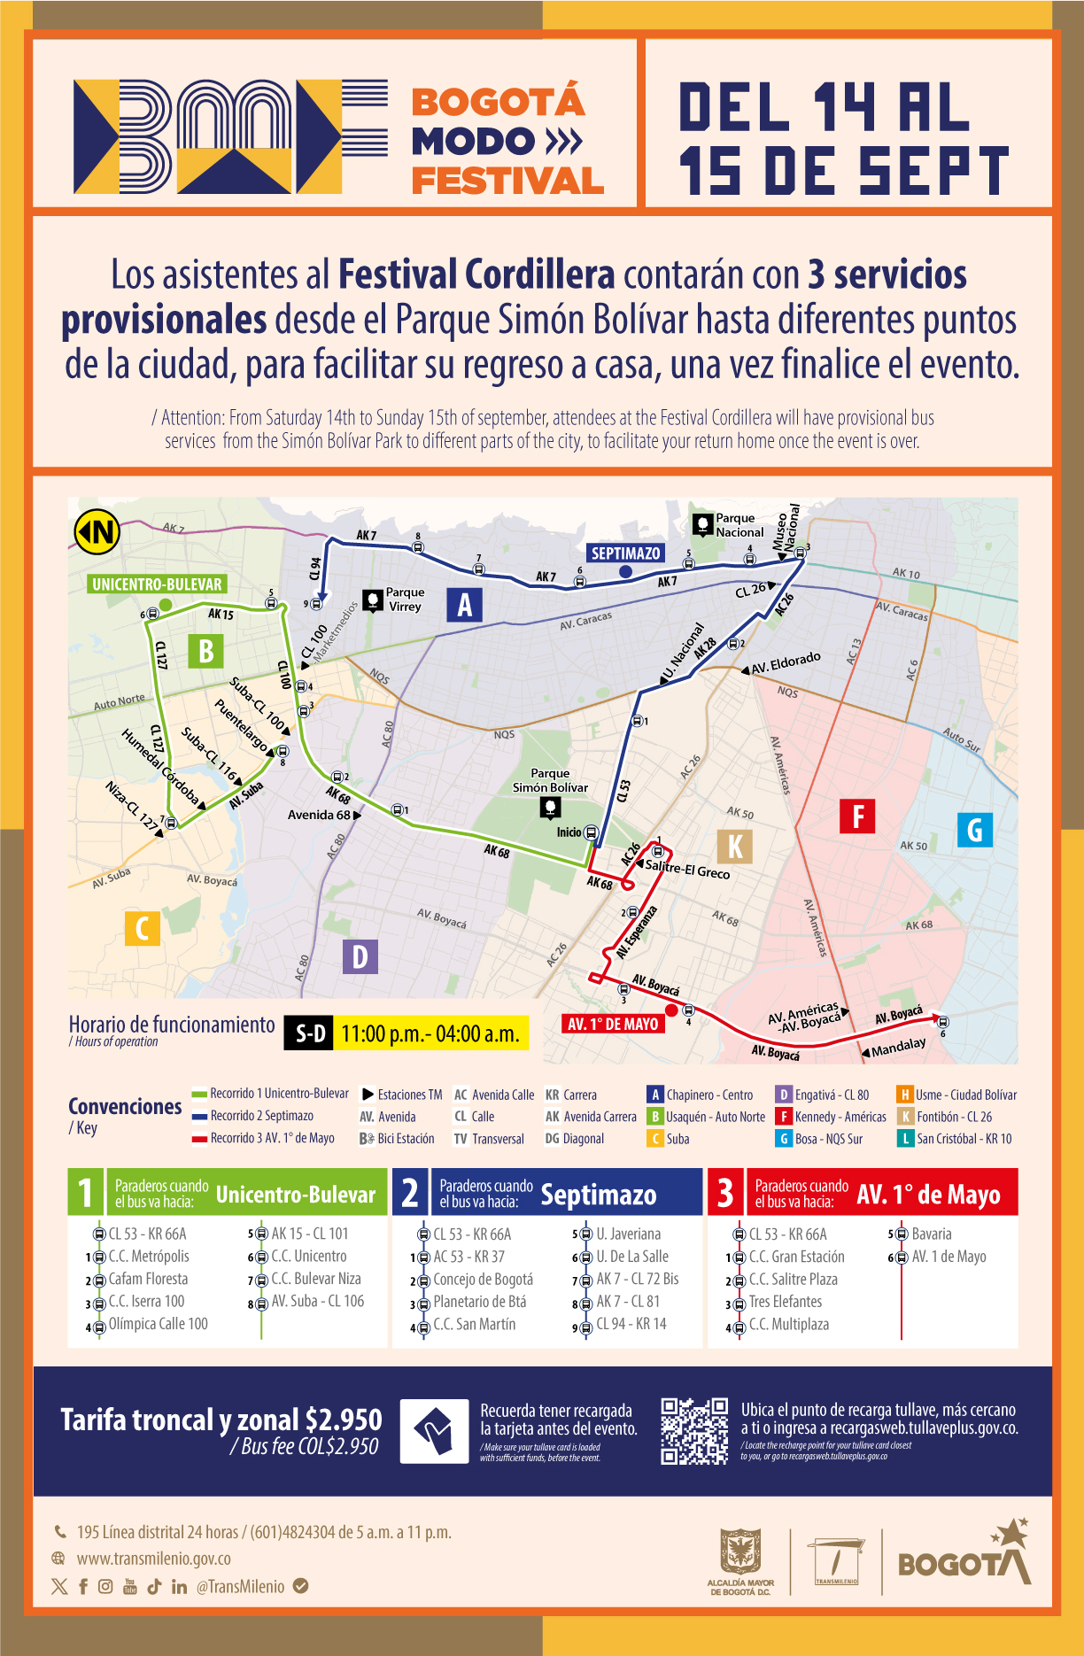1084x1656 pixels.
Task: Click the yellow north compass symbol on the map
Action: tap(97, 531)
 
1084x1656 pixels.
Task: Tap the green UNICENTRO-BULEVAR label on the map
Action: tap(157, 584)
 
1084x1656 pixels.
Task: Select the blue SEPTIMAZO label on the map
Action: tap(625, 553)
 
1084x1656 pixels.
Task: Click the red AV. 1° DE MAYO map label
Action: tap(613, 1024)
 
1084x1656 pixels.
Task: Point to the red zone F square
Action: tap(857, 816)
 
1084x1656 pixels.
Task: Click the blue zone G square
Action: tap(974, 830)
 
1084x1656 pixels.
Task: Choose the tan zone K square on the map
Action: tap(735, 847)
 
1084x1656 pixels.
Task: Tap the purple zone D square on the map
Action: tap(360, 956)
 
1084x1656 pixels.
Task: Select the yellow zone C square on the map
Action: tap(142, 928)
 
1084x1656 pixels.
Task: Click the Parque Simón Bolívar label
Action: tap(550, 780)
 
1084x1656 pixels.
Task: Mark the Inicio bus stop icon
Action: tap(592, 832)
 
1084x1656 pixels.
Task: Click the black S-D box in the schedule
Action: tap(309, 1033)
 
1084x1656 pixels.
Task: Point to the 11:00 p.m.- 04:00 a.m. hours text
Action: tap(430, 1033)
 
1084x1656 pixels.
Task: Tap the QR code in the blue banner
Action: tap(695, 1431)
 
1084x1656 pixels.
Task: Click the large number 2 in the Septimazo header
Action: tap(410, 1192)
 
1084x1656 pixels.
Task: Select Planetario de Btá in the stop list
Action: tap(479, 1302)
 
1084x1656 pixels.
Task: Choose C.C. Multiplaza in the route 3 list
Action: tap(788, 1325)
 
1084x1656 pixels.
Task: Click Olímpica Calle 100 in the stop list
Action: tap(158, 1324)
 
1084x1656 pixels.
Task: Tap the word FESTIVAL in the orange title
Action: tap(507, 181)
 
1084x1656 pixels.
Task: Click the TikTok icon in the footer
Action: tap(154, 1586)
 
